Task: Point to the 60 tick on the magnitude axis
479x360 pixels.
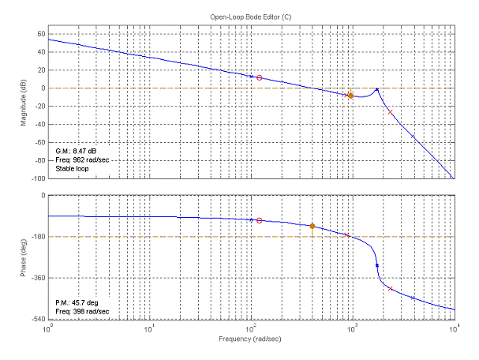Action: (x=40, y=34)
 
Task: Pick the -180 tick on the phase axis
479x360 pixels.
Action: (x=36, y=237)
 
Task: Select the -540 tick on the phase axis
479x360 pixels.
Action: (x=36, y=319)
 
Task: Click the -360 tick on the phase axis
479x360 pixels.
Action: (x=36, y=278)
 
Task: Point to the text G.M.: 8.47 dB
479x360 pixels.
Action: (x=77, y=151)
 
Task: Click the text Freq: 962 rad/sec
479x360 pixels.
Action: (x=83, y=160)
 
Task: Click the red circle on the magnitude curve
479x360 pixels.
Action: (x=259, y=78)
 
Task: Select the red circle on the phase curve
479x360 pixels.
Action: (x=260, y=220)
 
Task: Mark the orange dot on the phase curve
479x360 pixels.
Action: (x=312, y=227)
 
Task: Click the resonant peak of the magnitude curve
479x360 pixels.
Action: (x=377, y=90)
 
